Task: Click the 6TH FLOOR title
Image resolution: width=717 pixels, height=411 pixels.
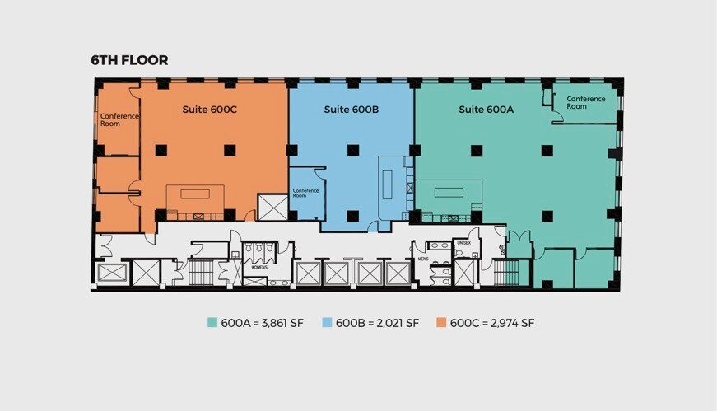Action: [x=129, y=60]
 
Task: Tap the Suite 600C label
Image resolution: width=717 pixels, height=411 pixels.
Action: [x=209, y=109]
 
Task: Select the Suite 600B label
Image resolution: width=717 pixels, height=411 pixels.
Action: [x=351, y=109]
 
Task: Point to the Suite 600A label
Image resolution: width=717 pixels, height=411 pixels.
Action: [x=486, y=109]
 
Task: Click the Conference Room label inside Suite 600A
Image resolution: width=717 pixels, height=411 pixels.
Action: [x=586, y=102]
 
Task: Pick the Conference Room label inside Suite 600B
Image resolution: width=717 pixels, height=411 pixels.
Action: [x=305, y=194]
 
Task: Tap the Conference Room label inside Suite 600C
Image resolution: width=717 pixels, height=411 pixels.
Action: [x=119, y=120]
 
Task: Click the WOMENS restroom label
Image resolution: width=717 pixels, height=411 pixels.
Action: [x=259, y=267]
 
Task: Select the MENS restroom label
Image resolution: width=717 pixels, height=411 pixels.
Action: [x=423, y=259]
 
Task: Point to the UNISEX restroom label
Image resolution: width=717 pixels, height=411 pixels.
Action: [x=463, y=243]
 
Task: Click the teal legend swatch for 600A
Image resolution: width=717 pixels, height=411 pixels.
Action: [x=212, y=323]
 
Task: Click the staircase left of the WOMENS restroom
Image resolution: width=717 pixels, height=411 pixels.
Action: [x=202, y=272]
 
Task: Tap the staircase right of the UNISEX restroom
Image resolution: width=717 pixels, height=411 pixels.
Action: [x=510, y=273]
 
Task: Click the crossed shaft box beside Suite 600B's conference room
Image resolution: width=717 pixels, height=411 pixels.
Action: [x=271, y=207]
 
